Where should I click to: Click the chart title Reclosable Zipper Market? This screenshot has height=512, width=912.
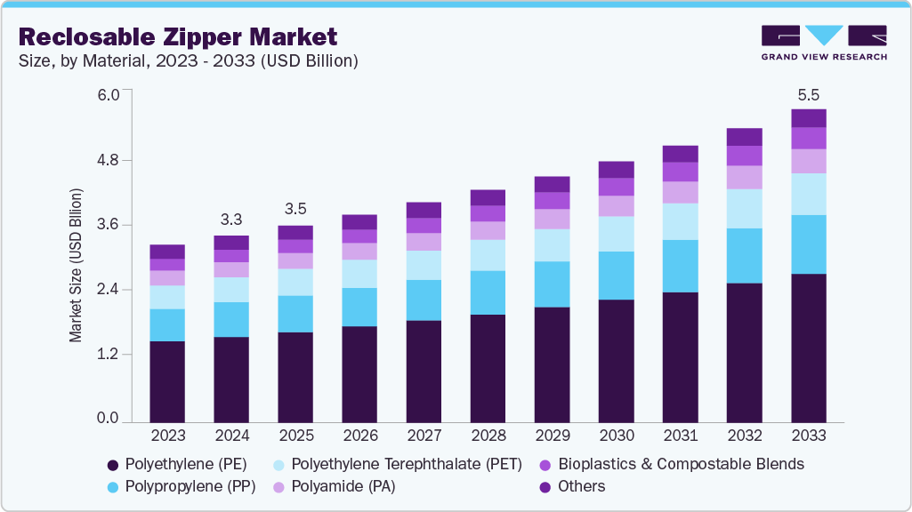pyautogui.click(x=178, y=37)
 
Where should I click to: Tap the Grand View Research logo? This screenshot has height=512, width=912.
pyautogui.click(x=824, y=43)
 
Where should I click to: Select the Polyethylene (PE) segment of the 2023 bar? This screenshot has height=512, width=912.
pyautogui.click(x=167, y=380)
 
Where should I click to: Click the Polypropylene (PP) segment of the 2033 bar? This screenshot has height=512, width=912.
pyautogui.click(x=809, y=244)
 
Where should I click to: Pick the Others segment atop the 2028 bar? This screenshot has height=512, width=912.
pyautogui.click(x=488, y=197)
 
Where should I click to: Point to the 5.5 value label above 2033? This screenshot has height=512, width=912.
pyautogui.click(x=809, y=94)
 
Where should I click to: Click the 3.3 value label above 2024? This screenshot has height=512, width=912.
pyautogui.click(x=231, y=220)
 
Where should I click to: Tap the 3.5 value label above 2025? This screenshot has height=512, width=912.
pyautogui.click(x=295, y=210)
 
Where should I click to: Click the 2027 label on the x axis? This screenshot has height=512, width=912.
pyautogui.click(x=424, y=436)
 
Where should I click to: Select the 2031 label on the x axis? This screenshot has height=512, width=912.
pyautogui.click(x=681, y=436)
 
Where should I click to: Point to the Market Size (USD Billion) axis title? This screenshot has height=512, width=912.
pyautogui.click(x=77, y=265)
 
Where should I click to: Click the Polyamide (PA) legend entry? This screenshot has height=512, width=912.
pyautogui.click(x=343, y=486)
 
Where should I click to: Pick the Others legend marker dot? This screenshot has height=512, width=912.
pyautogui.click(x=545, y=486)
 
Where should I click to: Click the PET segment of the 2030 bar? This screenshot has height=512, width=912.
pyautogui.click(x=617, y=234)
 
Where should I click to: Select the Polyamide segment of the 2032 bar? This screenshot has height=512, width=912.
pyautogui.click(x=745, y=177)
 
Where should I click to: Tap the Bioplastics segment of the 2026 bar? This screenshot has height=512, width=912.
pyautogui.click(x=359, y=236)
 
